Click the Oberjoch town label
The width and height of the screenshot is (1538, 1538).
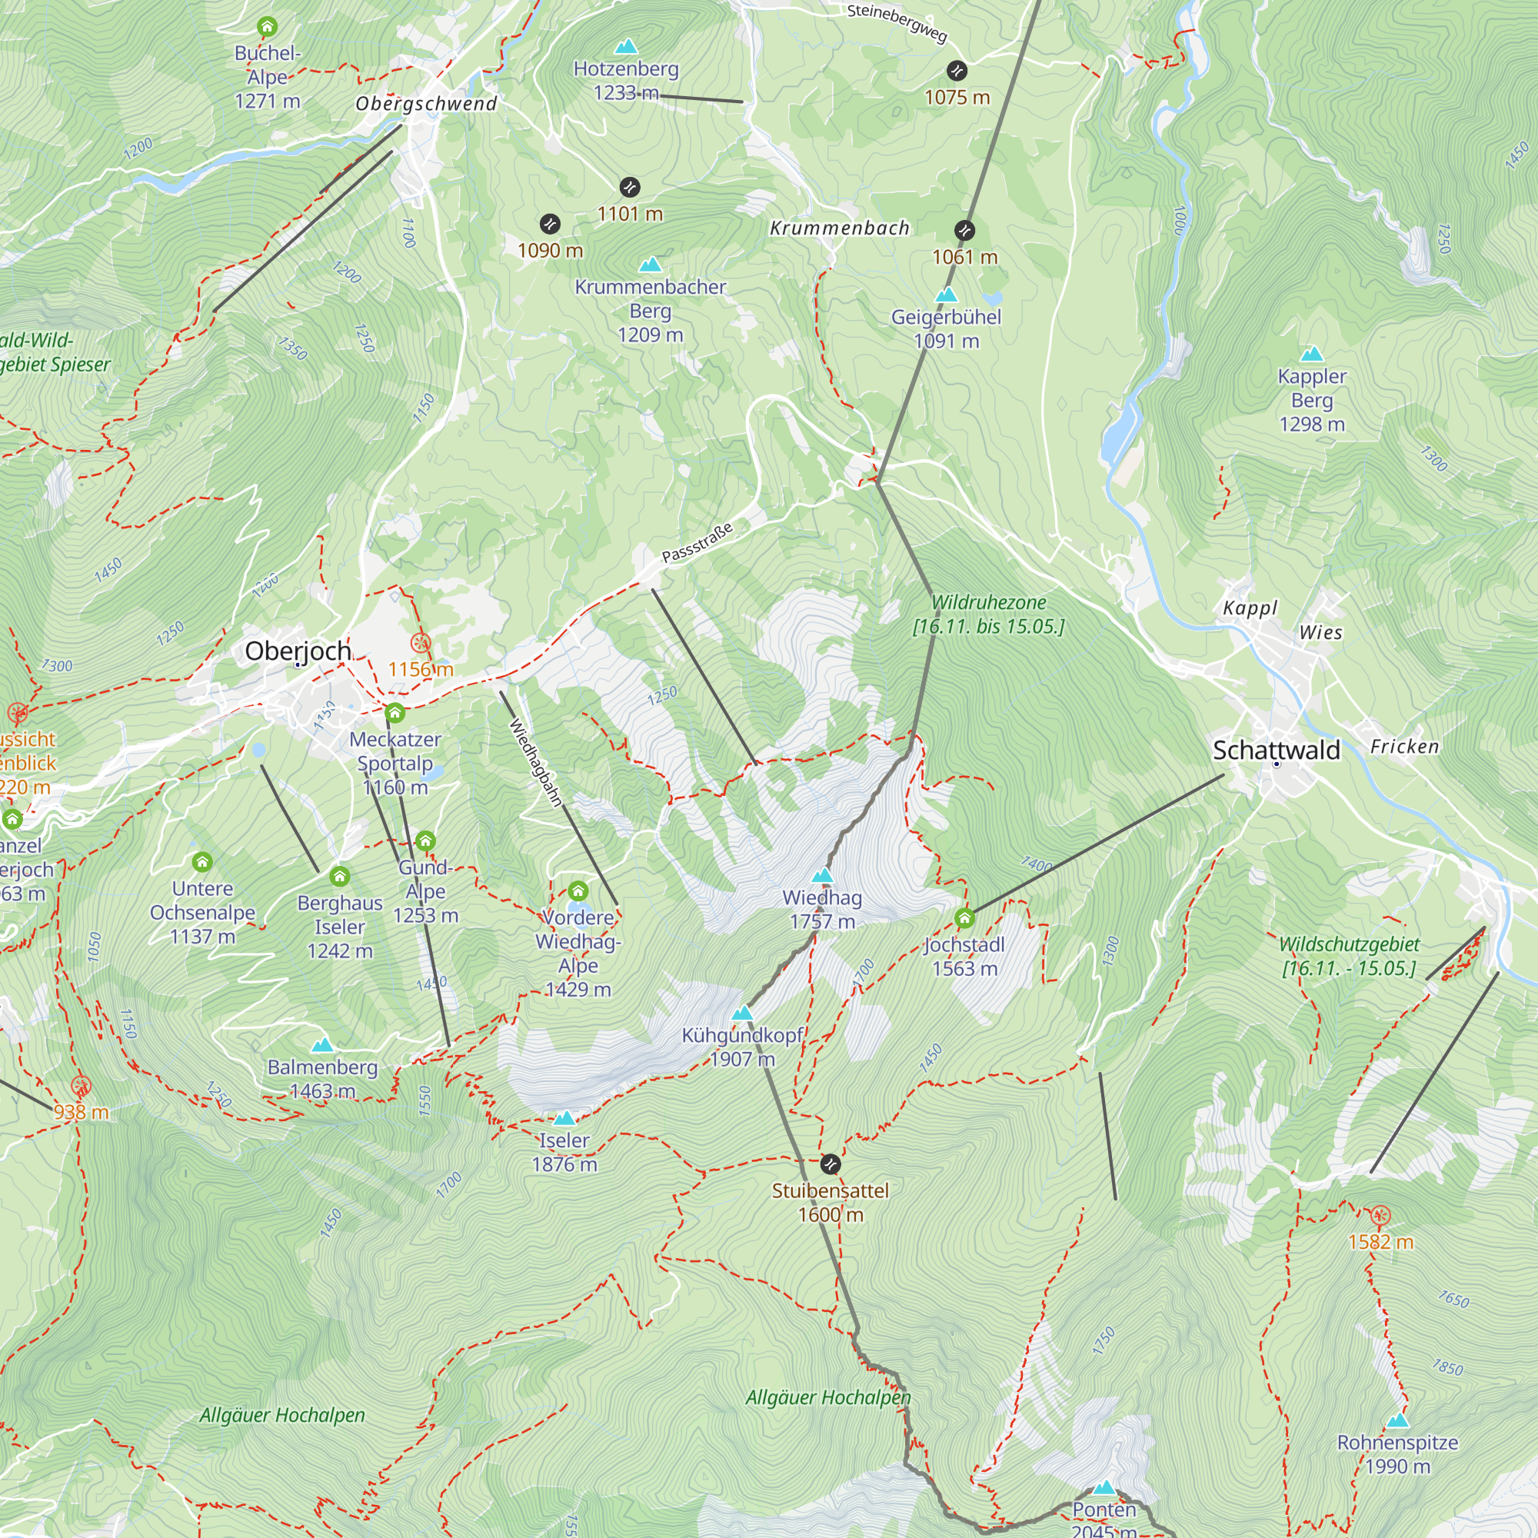pos(298,651)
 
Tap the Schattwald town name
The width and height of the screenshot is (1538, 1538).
pos(1276,750)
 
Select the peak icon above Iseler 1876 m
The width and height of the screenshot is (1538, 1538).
pos(564,1118)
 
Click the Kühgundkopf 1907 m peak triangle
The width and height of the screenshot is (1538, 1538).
pos(742,1014)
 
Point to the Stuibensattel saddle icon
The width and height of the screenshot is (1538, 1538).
pos(831,1163)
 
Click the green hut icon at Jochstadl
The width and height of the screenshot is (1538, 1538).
pos(965,919)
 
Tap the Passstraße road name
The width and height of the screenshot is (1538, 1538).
pos(697,543)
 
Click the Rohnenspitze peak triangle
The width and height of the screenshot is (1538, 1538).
pos(1398,1421)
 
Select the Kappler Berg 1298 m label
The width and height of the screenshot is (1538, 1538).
pos(1312,401)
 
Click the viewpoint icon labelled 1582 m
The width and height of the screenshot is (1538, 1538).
pos(1380,1216)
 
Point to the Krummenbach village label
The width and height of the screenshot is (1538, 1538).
pos(839,228)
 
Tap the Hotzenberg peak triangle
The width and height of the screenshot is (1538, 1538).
pos(627,47)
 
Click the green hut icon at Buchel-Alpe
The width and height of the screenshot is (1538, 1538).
pos(268,27)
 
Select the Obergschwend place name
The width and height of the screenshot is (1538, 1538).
pos(426,104)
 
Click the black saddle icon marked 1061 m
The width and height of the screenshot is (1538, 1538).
pos(964,231)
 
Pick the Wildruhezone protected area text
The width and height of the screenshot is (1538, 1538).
pos(988,614)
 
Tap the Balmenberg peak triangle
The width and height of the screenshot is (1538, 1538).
pos(322,1045)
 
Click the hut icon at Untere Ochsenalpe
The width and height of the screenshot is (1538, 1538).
pos(202,862)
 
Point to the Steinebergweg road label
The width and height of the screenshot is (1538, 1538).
pos(897,23)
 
